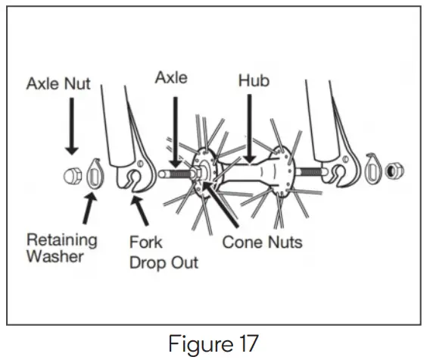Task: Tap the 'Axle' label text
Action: (173, 77)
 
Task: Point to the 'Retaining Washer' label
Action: (62, 248)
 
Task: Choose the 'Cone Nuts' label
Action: (262, 243)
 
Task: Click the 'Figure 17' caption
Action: (214, 343)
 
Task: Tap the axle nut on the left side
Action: (72, 177)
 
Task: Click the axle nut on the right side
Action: (394, 171)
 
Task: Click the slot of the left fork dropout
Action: (133, 179)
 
